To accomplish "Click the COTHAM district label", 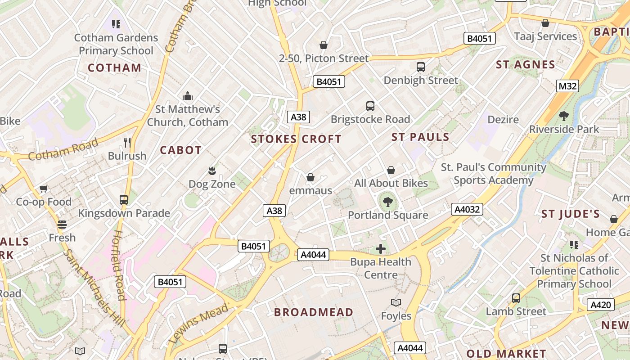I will point(114,68).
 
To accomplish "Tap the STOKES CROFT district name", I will point(296,139).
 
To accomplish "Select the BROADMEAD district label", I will point(314,312).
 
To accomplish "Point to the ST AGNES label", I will point(526,65).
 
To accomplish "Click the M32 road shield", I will point(567,86).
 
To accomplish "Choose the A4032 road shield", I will point(467,209).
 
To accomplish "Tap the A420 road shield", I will point(601,305).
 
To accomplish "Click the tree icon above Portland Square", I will point(387,202).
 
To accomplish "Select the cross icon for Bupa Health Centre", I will point(381,248).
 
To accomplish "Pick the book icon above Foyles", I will point(396,302).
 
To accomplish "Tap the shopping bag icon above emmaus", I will point(310,177).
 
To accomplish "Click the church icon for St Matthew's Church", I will point(188,96).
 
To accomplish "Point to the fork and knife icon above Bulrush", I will point(127,143).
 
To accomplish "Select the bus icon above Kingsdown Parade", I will point(124,199).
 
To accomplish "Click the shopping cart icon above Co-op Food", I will point(44,189).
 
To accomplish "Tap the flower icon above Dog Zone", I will point(211,171).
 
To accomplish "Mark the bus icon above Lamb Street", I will point(516,298).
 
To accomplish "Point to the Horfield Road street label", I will point(118,265).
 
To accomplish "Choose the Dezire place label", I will point(503,120).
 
